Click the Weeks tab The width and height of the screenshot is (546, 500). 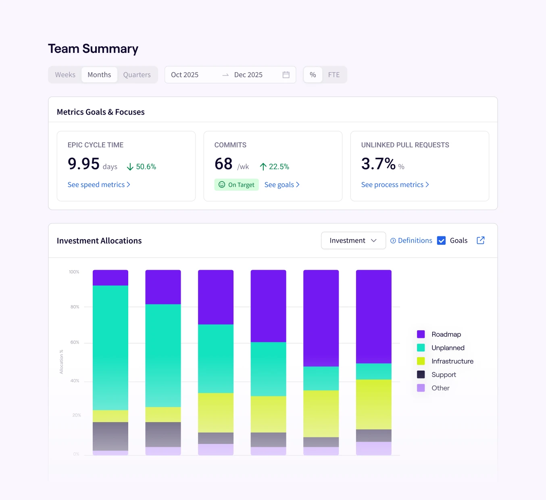(x=65, y=75)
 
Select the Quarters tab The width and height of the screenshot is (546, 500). (x=137, y=75)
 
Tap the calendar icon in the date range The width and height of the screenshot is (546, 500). (x=286, y=75)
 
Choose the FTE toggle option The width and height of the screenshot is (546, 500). (x=334, y=75)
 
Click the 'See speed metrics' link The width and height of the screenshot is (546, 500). (x=99, y=185)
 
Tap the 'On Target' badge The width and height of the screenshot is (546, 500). (x=237, y=185)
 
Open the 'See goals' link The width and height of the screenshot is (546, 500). (x=282, y=185)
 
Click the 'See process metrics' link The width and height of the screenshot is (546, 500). (x=395, y=185)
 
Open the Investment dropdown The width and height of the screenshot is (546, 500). (x=353, y=240)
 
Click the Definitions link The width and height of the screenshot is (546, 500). (x=411, y=240)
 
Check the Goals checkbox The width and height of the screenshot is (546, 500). (x=442, y=241)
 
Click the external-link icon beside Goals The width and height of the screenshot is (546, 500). (x=481, y=240)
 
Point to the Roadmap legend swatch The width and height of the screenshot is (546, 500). (x=421, y=334)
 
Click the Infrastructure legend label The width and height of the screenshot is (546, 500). (x=452, y=361)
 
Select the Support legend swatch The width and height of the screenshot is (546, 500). (x=421, y=375)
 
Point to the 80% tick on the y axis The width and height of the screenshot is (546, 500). (x=75, y=307)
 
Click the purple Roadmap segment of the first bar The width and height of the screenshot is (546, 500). (x=110, y=278)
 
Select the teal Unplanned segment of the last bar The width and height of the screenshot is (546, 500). (x=374, y=371)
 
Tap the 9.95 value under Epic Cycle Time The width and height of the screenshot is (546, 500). (x=83, y=164)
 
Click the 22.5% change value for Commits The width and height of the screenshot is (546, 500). (x=279, y=167)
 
